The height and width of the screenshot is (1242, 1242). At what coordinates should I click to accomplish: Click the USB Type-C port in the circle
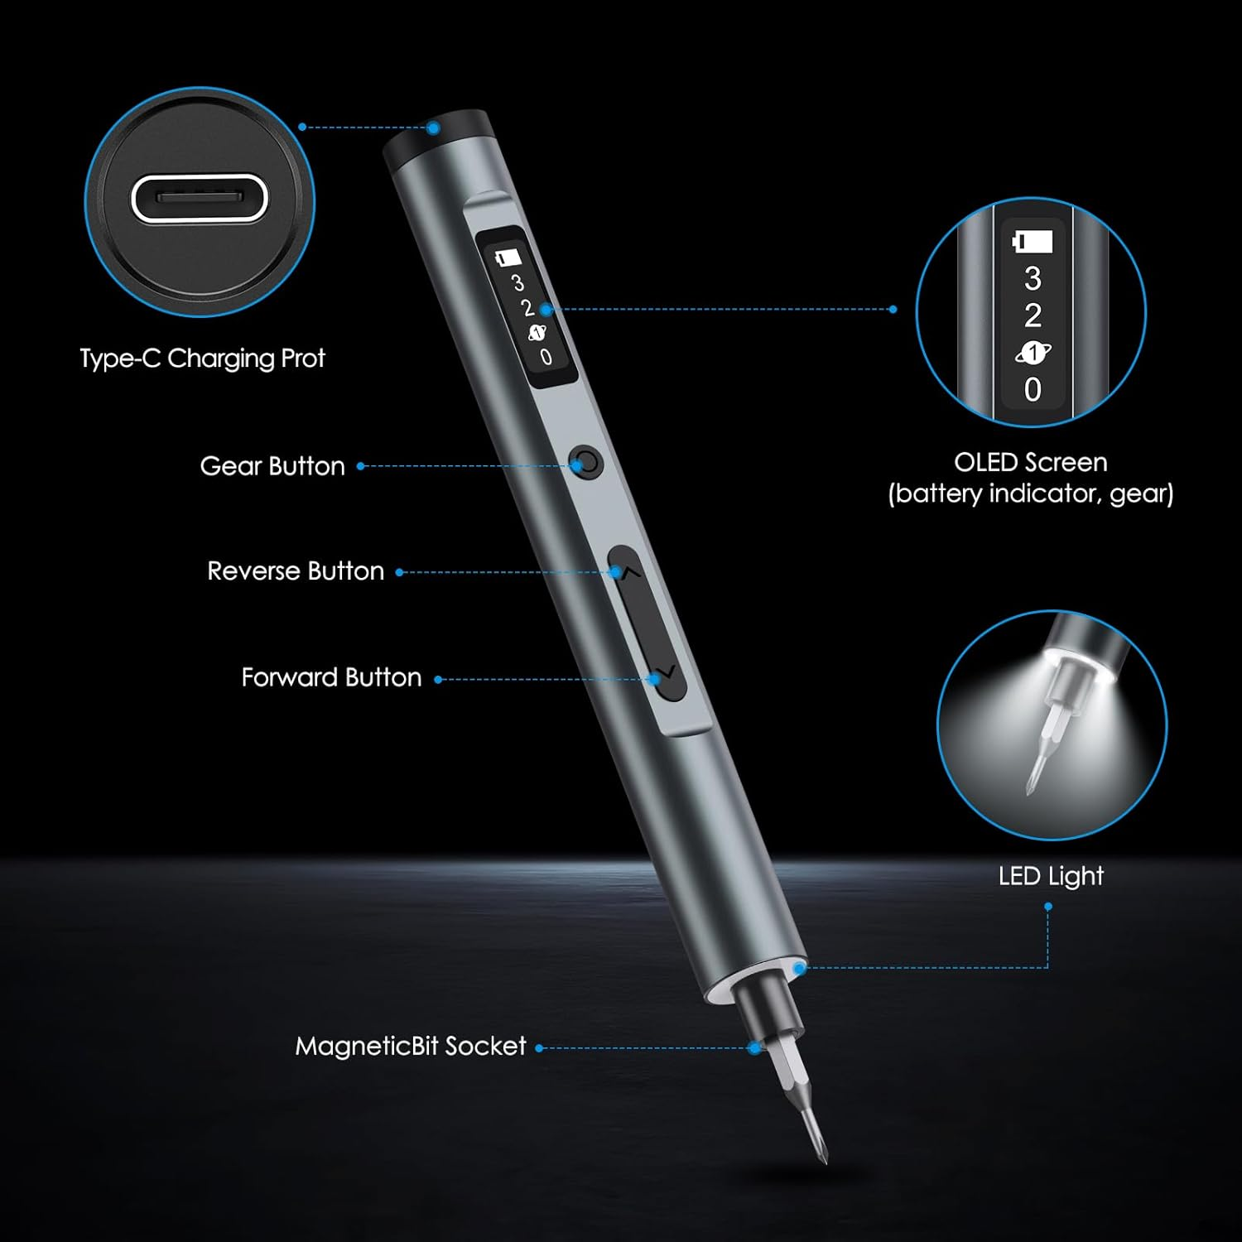200,199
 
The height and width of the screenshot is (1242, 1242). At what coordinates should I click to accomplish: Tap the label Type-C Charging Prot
202,359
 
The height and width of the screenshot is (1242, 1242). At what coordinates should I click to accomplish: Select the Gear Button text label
272,466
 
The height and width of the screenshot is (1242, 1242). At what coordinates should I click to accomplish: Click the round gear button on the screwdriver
587,461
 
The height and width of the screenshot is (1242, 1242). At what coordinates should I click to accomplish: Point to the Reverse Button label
296,571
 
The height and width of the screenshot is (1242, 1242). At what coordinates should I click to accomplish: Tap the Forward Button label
331,677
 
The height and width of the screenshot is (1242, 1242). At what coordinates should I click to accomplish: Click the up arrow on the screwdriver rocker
629,570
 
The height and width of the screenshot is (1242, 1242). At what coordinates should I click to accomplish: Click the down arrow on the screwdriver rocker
667,672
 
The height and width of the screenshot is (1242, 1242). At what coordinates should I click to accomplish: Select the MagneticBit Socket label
411,1047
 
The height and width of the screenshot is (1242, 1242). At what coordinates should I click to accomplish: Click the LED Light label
1051,876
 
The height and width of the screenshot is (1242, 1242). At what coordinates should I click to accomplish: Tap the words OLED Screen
1031,462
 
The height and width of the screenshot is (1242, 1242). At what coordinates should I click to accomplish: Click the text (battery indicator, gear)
1031,494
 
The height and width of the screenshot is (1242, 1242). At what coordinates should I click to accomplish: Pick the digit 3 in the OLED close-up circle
1033,279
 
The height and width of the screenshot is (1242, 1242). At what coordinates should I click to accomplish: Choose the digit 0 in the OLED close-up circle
1033,389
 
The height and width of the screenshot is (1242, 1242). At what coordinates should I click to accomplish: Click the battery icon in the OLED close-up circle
1033,242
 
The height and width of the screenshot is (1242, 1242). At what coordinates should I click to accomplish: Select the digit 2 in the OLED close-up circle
1033,315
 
